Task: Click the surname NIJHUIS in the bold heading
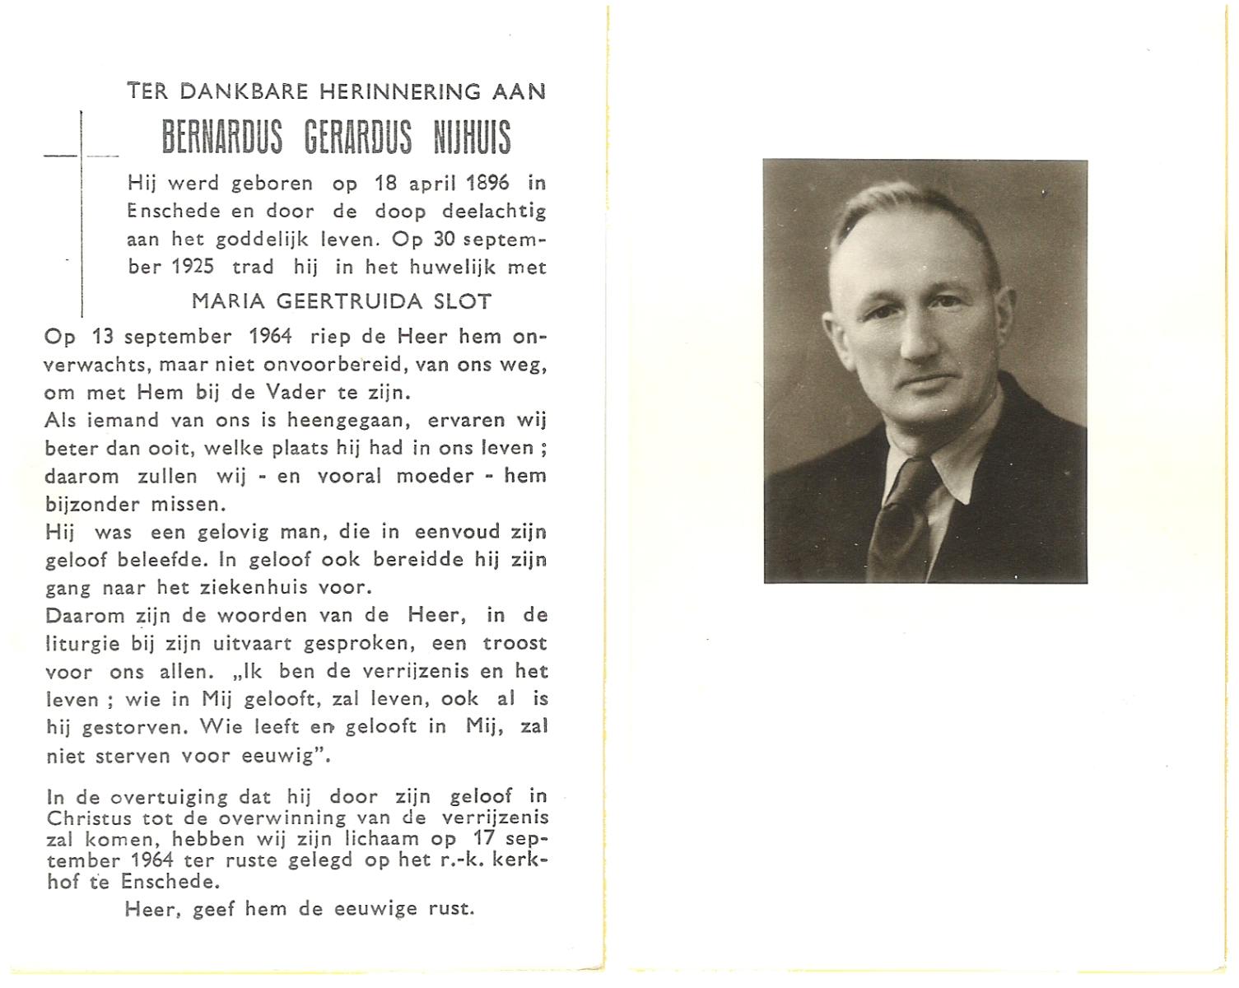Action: tap(472, 137)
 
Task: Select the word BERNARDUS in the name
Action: tap(221, 137)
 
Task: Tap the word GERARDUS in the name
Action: tap(358, 137)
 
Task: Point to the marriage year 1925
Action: tap(193, 267)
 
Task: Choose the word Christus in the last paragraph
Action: tap(89, 818)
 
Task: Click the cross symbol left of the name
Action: tap(82, 156)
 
